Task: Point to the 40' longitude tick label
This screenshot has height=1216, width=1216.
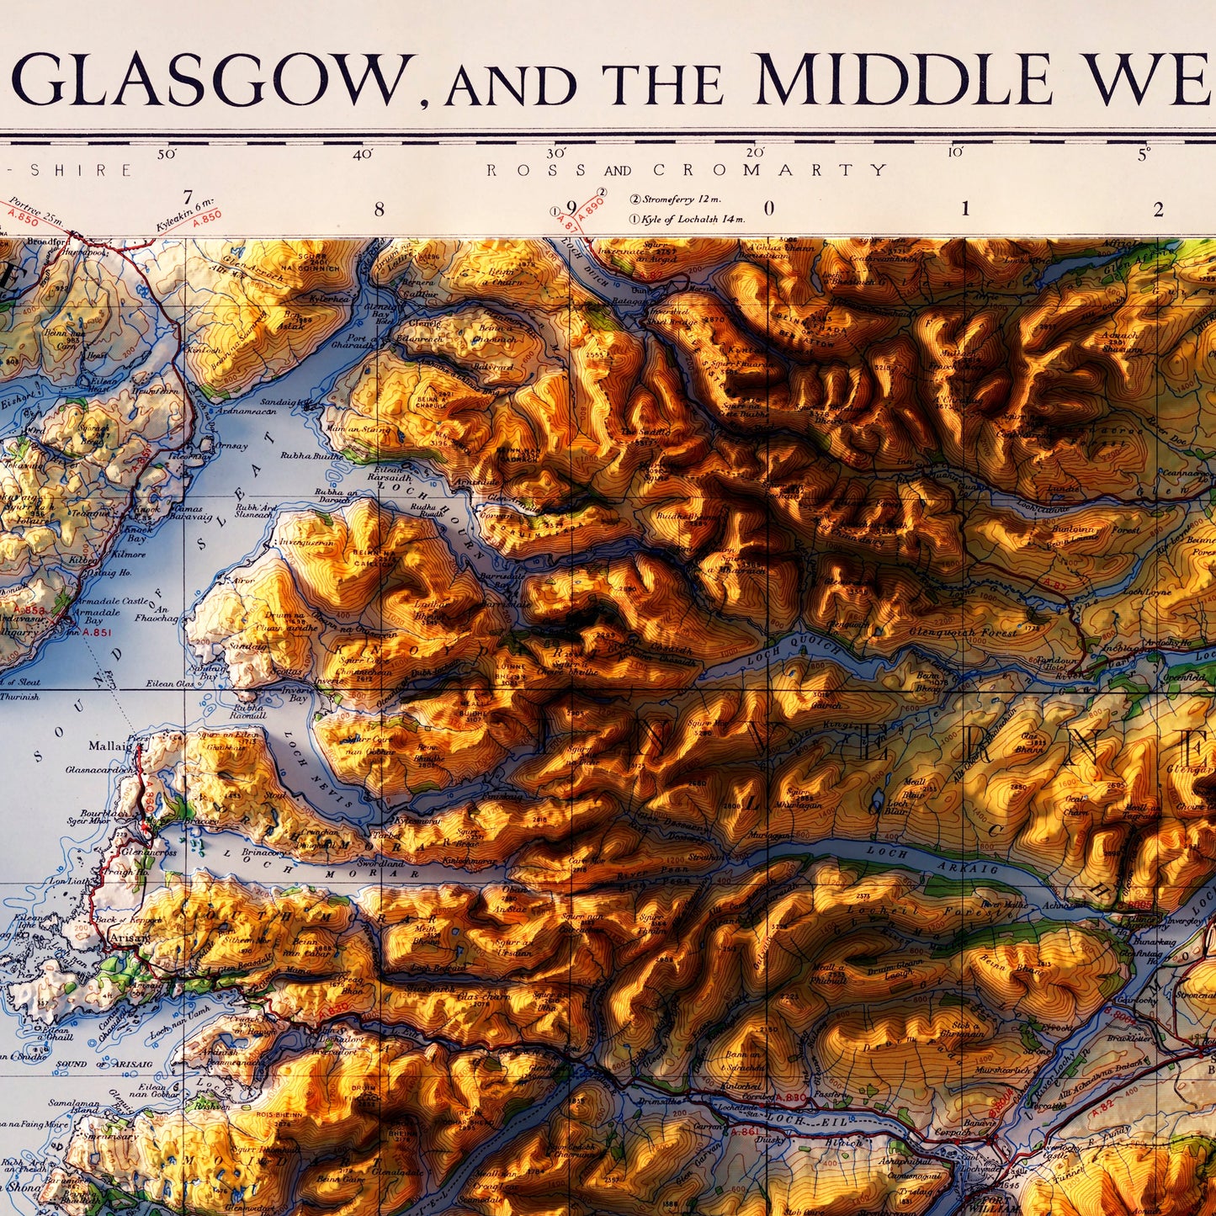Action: [363, 155]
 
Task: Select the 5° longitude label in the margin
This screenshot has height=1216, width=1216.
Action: [1144, 155]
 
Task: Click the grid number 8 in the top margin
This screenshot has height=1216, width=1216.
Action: [379, 209]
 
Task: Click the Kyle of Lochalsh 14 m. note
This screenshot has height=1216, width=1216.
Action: [692, 220]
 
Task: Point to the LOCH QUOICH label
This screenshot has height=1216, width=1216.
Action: [793, 651]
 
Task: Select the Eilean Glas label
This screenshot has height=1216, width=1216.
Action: [174, 684]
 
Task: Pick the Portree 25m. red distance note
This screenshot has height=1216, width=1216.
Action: [35, 212]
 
